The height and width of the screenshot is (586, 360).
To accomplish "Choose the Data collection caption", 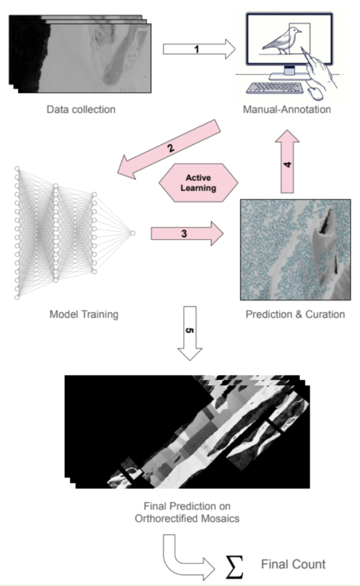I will [x=81, y=110].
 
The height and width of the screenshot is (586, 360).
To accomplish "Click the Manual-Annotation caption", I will [x=286, y=110].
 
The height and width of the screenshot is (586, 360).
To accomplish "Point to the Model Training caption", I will [x=83, y=314].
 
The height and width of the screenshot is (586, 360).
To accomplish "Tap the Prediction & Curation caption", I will [x=295, y=314].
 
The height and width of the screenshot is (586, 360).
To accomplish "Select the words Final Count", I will [x=294, y=564].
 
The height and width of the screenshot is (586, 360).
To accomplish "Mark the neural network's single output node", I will [x=132, y=233].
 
